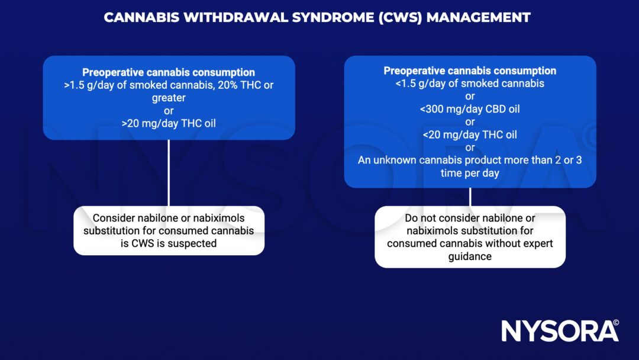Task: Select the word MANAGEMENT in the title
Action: point(478,17)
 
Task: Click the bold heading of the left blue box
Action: point(169,73)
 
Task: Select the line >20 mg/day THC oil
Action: point(169,123)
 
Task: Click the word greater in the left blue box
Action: point(169,98)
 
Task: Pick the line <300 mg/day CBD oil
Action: point(470,109)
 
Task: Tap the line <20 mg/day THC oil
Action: point(470,134)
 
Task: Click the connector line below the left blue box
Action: point(169,172)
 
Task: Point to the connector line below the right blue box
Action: point(470,197)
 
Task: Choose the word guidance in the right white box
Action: point(470,256)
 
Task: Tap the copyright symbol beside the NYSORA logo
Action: point(616,323)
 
